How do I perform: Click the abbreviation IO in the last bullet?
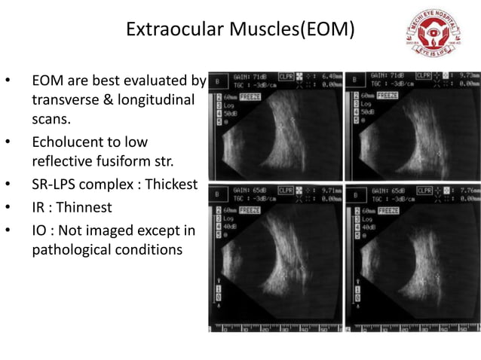38,228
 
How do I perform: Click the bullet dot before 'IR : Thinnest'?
8,206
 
